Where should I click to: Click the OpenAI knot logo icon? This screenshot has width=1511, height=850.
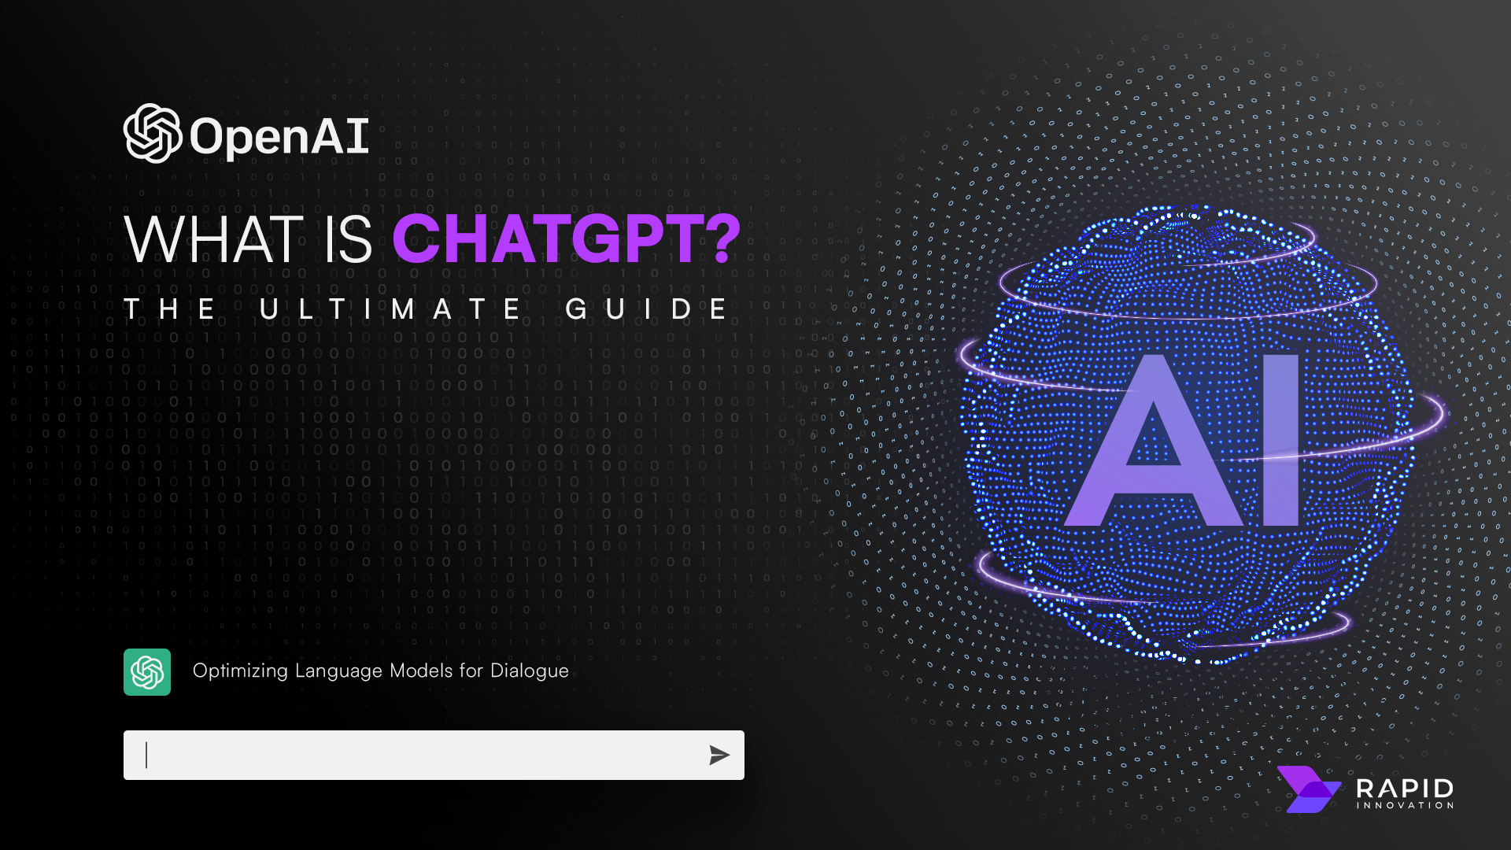click(152, 134)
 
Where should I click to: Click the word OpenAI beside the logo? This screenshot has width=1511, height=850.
click(279, 137)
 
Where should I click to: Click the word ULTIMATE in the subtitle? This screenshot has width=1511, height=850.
click(390, 309)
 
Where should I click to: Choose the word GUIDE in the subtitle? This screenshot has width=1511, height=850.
click(647, 309)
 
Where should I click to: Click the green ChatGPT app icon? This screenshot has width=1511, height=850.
click(147, 672)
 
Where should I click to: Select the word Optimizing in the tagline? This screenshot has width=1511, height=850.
click(240, 671)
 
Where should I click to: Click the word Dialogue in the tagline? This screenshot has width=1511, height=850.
click(529, 671)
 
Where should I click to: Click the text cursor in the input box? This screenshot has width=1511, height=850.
click(146, 755)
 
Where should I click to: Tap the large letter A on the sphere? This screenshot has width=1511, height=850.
click(1154, 445)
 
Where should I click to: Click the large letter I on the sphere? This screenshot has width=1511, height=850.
click(1280, 441)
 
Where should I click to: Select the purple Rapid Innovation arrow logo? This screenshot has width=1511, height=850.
click(1307, 789)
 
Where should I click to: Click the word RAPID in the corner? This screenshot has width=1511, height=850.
click(1405, 788)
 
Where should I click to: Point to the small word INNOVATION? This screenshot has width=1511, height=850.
click(1405, 805)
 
